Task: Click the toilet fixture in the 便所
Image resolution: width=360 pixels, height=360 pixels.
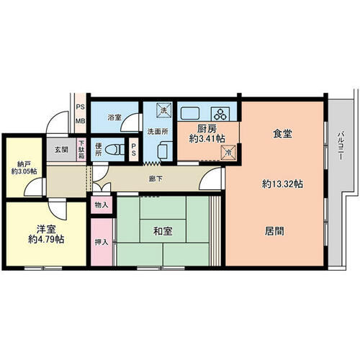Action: (x=114, y=150)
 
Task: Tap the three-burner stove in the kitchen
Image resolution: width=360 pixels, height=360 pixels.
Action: (x=220, y=114)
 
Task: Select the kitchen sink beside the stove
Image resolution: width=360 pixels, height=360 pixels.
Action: (x=190, y=113)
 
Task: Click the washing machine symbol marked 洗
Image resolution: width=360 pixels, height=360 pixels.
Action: (x=164, y=110)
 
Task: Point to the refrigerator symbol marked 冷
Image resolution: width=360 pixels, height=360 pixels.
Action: (x=228, y=152)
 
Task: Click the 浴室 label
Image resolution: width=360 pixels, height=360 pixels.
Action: (x=114, y=117)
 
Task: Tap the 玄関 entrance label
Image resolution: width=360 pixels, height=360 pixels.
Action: (x=61, y=150)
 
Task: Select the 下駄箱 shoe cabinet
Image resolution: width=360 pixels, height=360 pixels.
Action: (x=81, y=150)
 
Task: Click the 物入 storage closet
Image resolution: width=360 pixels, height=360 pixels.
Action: (x=102, y=205)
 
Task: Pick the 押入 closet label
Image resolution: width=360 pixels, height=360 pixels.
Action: (x=102, y=242)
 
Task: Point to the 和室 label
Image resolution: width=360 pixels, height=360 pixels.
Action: (x=163, y=231)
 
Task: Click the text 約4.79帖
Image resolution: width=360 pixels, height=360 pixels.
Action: (x=46, y=239)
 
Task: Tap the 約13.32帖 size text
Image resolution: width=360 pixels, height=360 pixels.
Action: (x=282, y=184)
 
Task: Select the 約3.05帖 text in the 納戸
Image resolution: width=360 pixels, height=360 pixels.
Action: (x=24, y=171)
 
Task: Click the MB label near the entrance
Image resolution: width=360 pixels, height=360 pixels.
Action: (x=81, y=121)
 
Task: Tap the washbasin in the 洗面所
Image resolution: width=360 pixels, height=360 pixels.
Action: (x=165, y=150)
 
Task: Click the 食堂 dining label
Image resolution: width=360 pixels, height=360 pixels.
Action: (x=282, y=134)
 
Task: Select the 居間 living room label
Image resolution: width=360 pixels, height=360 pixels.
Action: (x=274, y=231)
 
